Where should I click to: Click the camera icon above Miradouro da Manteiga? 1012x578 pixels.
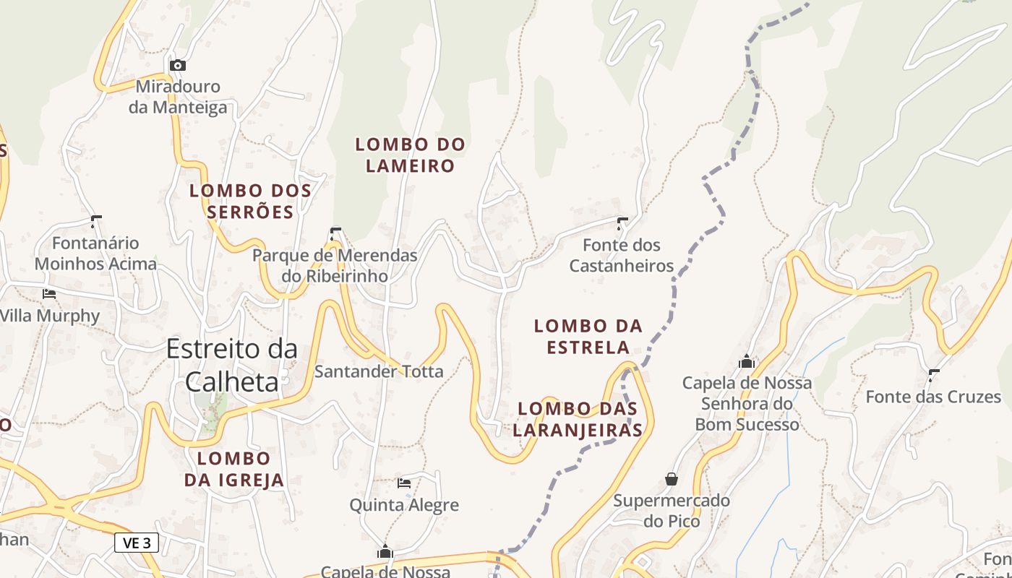pyautogui.click(x=177, y=65)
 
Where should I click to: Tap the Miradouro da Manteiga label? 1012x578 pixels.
pyautogui.click(x=178, y=97)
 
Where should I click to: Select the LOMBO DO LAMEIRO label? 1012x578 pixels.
pyautogui.click(x=410, y=155)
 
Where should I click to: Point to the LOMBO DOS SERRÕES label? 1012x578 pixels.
pyautogui.click(x=250, y=201)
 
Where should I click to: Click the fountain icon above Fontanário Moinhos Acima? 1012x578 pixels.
pyautogui.click(x=95, y=221)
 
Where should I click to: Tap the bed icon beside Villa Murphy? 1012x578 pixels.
pyautogui.click(x=49, y=293)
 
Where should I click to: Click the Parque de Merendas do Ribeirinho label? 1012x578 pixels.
pyautogui.click(x=335, y=265)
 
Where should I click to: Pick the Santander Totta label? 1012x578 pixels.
pyautogui.click(x=378, y=371)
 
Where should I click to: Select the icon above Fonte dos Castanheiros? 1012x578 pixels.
pyautogui.click(x=622, y=223)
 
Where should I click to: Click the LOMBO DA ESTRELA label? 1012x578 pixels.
pyautogui.click(x=588, y=337)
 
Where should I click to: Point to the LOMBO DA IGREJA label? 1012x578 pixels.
pyautogui.click(x=233, y=469)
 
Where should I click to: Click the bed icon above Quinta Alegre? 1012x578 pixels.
pyautogui.click(x=404, y=482)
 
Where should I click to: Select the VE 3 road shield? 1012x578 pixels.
pyautogui.click(x=136, y=543)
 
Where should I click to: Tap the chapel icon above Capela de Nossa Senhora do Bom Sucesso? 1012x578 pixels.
pyautogui.click(x=747, y=361)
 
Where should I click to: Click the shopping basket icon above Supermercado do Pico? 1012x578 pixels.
pyautogui.click(x=672, y=479)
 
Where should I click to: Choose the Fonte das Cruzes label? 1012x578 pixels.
pyautogui.click(x=933, y=397)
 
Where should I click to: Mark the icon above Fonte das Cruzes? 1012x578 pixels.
pyautogui.click(x=933, y=375)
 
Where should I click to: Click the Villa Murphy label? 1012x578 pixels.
pyautogui.click(x=50, y=316)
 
